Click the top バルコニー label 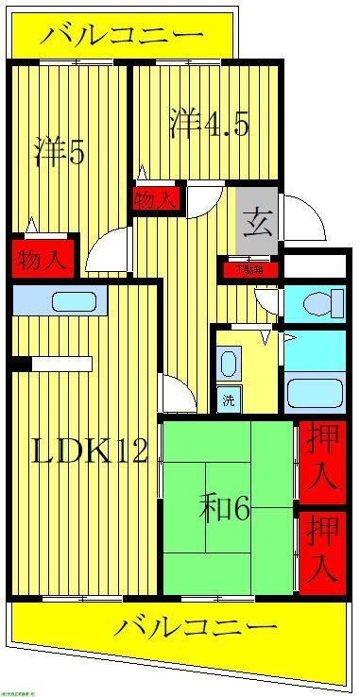tap(124, 37)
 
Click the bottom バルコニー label tap(198, 628)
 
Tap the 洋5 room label tap(60, 151)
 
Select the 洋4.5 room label tap(209, 125)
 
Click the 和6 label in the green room tap(225, 511)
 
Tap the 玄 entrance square tap(256, 223)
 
